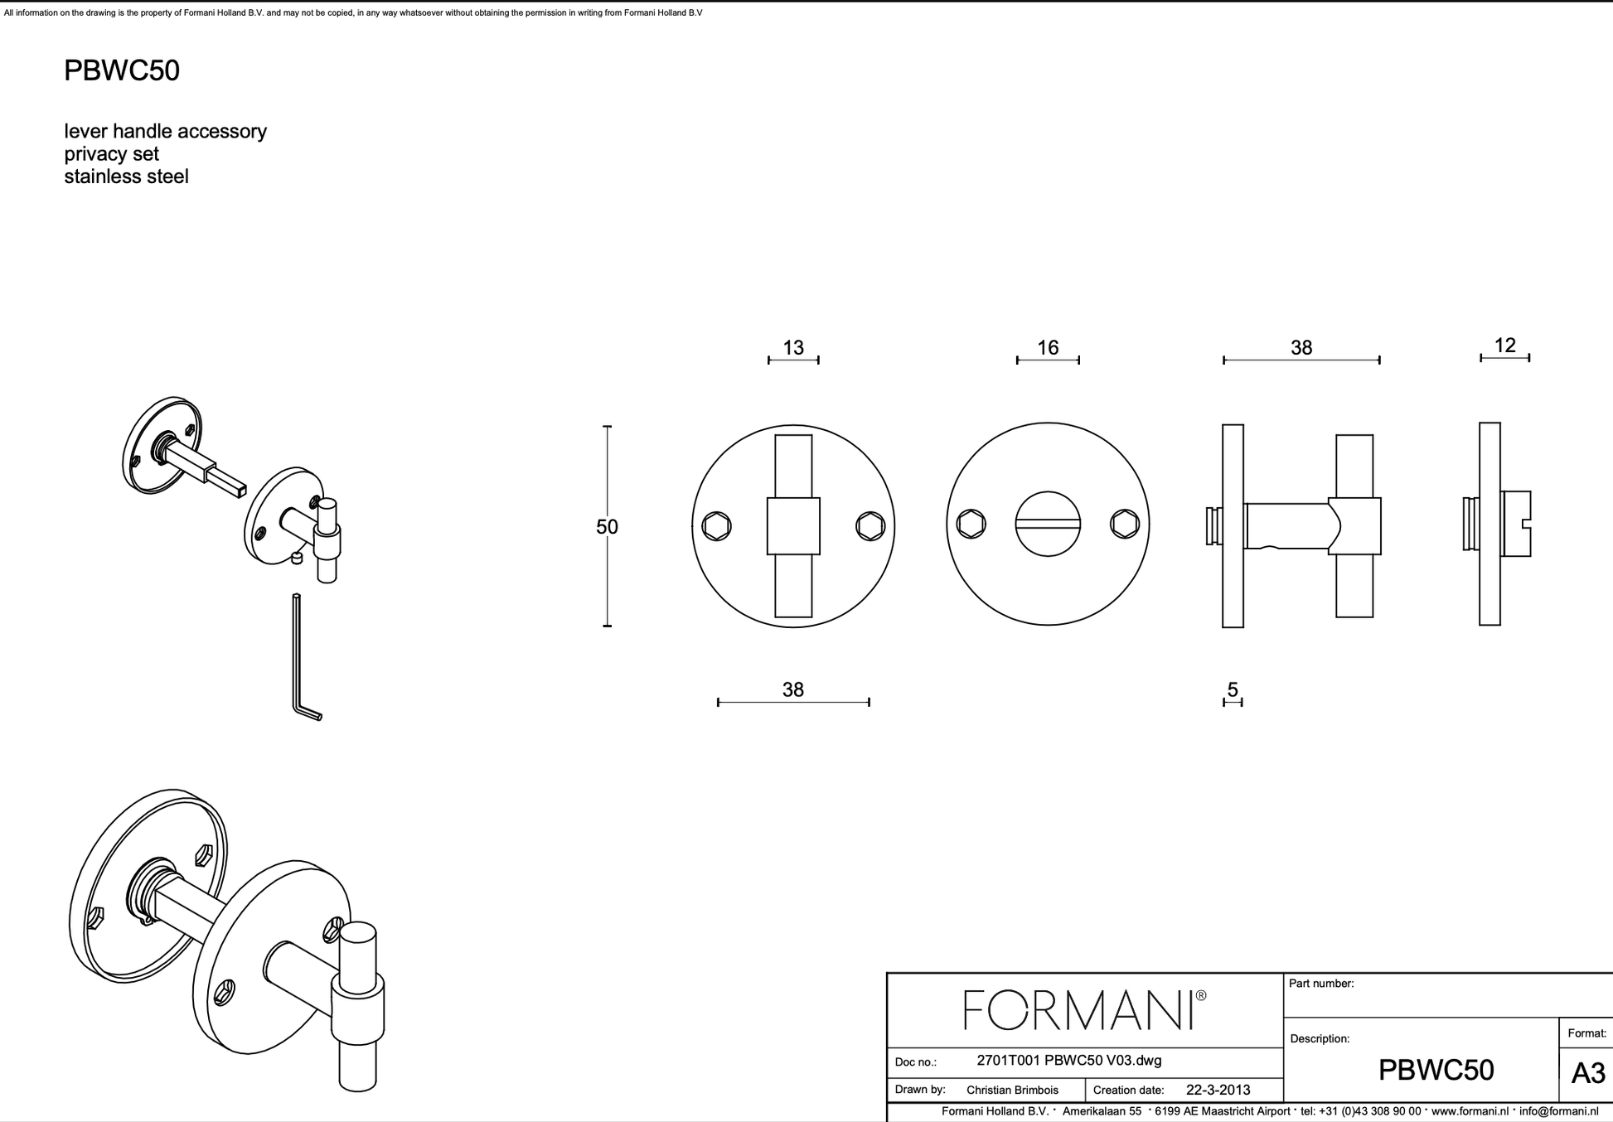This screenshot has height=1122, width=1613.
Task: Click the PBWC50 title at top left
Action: pyautogui.click(x=121, y=70)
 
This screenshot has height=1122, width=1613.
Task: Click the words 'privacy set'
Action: pyautogui.click(x=111, y=154)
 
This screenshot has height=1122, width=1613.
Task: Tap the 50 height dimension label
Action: pyautogui.click(x=607, y=527)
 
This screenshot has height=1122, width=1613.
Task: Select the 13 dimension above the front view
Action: pyautogui.click(x=793, y=347)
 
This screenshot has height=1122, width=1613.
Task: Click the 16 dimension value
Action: pyautogui.click(x=1048, y=347)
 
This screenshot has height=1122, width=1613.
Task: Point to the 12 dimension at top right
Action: pyautogui.click(x=1504, y=345)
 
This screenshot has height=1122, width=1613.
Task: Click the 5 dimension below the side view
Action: pyautogui.click(x=1233, y=689)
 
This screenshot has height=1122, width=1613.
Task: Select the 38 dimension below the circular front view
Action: pyautogui.click(x=792, y=689)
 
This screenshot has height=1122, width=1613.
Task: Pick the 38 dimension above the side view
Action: pyautogui.click(x=1301, y=347)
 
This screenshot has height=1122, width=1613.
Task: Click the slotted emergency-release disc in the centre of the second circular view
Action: pyautogui.click(x=1048, y=525)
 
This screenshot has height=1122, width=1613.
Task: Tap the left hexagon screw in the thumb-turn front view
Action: pyautogui.click(x=716, y=526)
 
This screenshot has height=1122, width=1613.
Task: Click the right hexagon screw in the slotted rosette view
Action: pyautogui.click(x=1125, y=524)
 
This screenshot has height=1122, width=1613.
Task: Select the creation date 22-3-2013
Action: pyautogui.click(x=1218, y=1090)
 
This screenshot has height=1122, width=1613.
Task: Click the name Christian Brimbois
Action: pyautogui.click(x=1012, y=1090)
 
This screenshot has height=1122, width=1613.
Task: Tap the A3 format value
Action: pyautogui.click(x=1587, y=1074)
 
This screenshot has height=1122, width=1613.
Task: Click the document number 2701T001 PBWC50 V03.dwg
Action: pyautogui.click(x=1068, y=1061)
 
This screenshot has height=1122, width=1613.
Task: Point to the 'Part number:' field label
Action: pyautogui.click(x=1320, y=984)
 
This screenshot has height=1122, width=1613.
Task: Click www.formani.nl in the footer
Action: pyautogui.click(x=1469, y=1111)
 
